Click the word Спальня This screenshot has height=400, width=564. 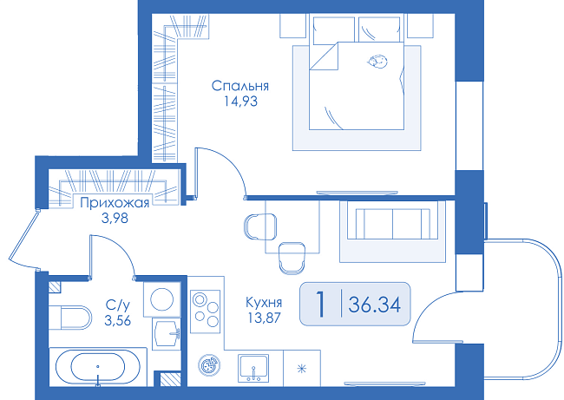pyautogui.click(x=239, y=86)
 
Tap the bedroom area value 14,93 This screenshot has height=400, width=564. pyautogui.click(x=241, y=102)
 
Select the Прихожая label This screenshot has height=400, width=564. pyautogui.click(x=115, y=203)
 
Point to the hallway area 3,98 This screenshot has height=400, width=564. pyautogui.click(x=115, y=219)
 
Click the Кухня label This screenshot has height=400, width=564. pyautogui.click(x=264, y=303)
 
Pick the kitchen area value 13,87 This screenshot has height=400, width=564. pyautogui.click(x=264, y=318)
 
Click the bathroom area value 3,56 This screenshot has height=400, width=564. pyautogui.click(x=118, y=320)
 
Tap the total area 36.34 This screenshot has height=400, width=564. pyautogui.click(x=375, y=305)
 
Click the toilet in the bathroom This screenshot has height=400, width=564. pyautogui.click(x=70, y=318)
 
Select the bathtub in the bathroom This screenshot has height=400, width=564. pyautogui.click(x=98, y=367)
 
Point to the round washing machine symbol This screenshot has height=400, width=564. pyautogui.click(x=162, y=299)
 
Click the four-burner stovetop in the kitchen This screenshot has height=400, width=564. pyautogui.click(x=205, y=311)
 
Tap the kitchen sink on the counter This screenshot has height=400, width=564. pyautogui.click(x=253, y=368)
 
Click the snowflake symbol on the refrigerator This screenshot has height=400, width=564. pyautogui.click(x=301, y=369)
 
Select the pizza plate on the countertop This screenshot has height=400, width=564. pyautogui.click(x=208, y=366)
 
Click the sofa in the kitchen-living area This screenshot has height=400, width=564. pyautogui.click(x=393, y=223)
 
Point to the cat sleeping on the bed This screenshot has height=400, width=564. pyautogui.click(x=377, y=62)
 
